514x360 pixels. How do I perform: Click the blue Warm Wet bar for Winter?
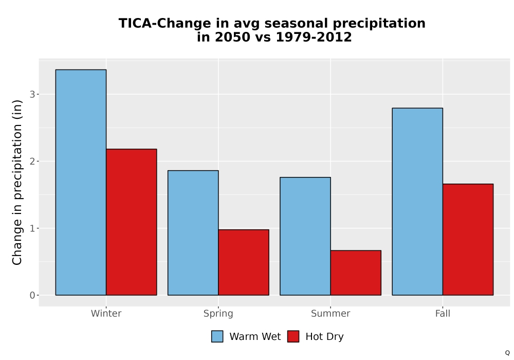pos(81,182)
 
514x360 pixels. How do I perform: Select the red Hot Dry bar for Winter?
pos(132,222)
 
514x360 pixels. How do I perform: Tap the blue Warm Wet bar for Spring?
pos(193,233)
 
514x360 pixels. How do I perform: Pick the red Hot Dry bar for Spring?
pos(244,262)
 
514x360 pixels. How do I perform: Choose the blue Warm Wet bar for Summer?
pos(305,236)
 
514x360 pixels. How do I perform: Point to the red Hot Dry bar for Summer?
pos(356,273)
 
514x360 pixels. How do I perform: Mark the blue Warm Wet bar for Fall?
pos(417,202)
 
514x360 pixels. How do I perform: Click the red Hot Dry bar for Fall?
pos(468,239)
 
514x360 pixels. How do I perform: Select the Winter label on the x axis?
pos(106,313)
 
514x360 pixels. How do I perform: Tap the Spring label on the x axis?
pos(218,314)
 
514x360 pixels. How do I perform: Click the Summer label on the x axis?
pos(331,313)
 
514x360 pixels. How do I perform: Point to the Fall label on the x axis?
pos(443,313)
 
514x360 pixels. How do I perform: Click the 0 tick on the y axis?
pos(32,295)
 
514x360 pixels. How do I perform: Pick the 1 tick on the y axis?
pos(32,228)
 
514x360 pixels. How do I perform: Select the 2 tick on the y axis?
pos(32,161)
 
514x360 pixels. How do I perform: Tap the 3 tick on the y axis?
pos(32,95)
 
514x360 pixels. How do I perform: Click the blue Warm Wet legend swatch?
pos(217,336)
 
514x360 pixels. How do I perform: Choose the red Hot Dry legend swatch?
pos(293,336)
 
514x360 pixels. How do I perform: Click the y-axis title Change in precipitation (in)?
pos(17,182)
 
